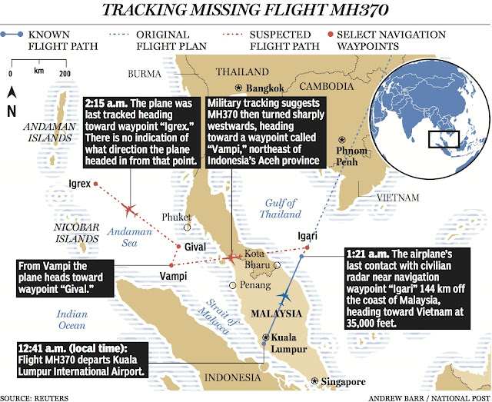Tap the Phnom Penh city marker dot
[x=342, y=141]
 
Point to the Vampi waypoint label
[x=174, y=276]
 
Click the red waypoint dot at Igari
[x=306, y=248]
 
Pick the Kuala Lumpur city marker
[x=266, y=337]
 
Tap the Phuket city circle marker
[x=186, y=228]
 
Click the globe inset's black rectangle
[x=444, y=139]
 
